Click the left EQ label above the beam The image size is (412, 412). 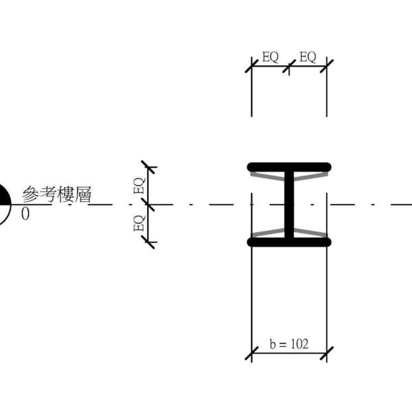(271, 58)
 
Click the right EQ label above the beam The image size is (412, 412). (308, 58)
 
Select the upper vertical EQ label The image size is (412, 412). (139, 186)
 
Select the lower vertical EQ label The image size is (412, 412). (139, 223)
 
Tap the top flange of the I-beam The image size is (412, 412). (289, 167)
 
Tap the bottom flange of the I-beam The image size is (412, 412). (289, 242)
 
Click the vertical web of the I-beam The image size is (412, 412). (289, 204)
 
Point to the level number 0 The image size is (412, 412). (25, 214)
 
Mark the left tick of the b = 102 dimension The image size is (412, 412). (252, 354)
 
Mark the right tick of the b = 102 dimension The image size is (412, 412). (327, 354)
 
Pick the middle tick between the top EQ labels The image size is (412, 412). (289, 67)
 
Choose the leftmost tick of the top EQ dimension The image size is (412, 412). (252, 67)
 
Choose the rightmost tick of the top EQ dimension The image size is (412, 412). (327, 67)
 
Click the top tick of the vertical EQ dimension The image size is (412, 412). (148, 167)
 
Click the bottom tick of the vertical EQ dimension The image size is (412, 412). (148, 242)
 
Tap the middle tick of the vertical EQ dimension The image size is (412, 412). (148, 204)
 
